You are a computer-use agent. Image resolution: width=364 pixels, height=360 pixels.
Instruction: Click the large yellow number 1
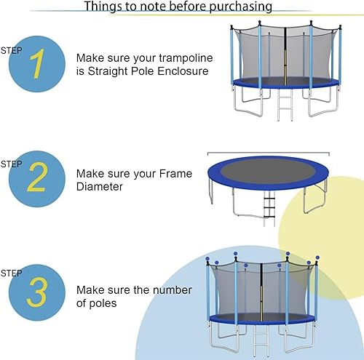pyautogui.click(x=34, y=64)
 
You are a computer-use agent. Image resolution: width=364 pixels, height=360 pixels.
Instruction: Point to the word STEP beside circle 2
pyautogui.click(x=12, y=163)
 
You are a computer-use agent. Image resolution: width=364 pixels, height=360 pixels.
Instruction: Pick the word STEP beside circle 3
pyautogui.click(x=12, y=273)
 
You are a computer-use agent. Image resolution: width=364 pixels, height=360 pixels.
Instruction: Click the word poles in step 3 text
pyautogui.click(x=100, y=303)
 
